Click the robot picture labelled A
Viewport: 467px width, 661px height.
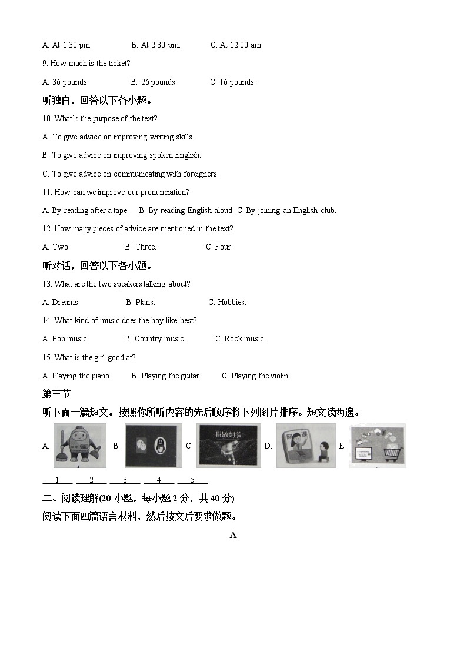[x=80, y=445]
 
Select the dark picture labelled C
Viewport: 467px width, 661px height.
[x=228, y=446]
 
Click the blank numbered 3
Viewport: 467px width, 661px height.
[x=125, y=480]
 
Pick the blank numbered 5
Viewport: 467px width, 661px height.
[x=192, y=480]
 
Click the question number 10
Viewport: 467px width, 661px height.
[x=47, y=118]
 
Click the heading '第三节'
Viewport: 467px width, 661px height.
[x=56, y=394]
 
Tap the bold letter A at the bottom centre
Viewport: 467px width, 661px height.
[x=233, y=535]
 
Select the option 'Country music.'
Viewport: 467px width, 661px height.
[x=159, y=338]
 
